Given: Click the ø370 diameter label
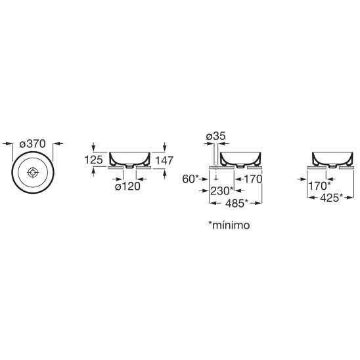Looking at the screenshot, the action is point(33,144).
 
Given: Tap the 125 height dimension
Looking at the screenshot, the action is point(93,160).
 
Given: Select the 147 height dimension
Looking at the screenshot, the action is point(164,160).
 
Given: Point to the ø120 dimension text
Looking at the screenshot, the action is point(127,186).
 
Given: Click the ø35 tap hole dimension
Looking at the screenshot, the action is point(216,136).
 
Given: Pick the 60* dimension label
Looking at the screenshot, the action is point(191,179).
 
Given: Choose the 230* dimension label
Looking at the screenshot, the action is point(222,191).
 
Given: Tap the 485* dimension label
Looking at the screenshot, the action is point(236,203).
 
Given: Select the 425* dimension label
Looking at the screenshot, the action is point(331,198).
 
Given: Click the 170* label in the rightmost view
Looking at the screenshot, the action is point(319,186).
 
